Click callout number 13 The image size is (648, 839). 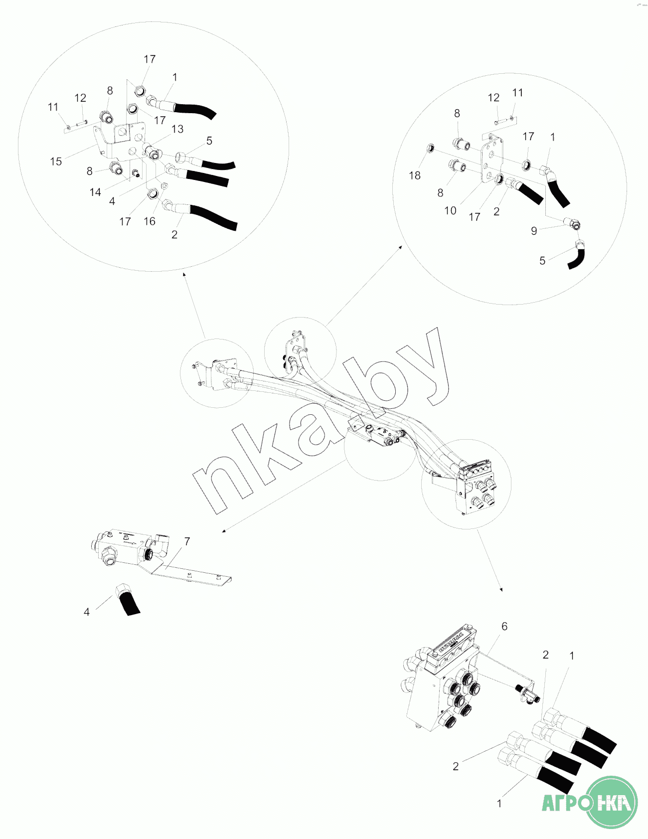click(x=177, y=129)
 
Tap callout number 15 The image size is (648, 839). click(x=56, y=162)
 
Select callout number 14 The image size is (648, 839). click(x=95, y=192)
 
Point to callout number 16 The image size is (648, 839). click(x=150, y=221)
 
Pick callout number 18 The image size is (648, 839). click(x=415, y=175)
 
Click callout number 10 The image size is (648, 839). click(x=450, y=211)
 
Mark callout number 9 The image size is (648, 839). click(x=534, y=231)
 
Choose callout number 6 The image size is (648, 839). click(x=504, y=626)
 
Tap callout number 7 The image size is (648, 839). click(x=187, y=541)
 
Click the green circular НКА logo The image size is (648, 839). click(x=611, y=802)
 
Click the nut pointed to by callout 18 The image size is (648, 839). click(x=431, y=148)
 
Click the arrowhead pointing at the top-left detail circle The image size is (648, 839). click(x=184, y=274)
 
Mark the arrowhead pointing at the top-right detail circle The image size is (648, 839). click(x=401, y=246)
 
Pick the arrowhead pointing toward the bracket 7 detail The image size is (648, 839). click(x=224, y=531)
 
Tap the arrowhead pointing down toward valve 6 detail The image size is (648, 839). click(x=501, y=590)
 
